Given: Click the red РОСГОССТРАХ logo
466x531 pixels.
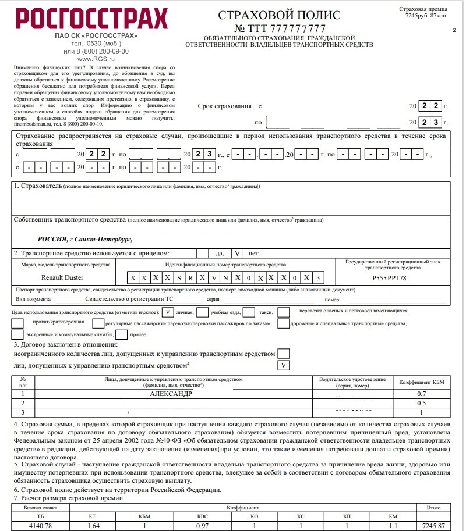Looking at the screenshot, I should click(x=92, y=19).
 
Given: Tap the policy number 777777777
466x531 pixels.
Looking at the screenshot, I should click(x=299, y=28).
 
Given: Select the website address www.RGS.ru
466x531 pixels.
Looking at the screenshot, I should click(x=95, y=58).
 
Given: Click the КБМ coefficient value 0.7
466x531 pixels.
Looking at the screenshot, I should click(x=422, y=393).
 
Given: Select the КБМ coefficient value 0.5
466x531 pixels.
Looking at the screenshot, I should click(x=422, y=402).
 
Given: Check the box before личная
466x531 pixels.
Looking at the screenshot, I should click(x=167, y=312).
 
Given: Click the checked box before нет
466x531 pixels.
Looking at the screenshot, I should click(x=237, y=253).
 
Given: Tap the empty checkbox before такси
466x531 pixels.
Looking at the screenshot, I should click(x=249, y=312).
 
